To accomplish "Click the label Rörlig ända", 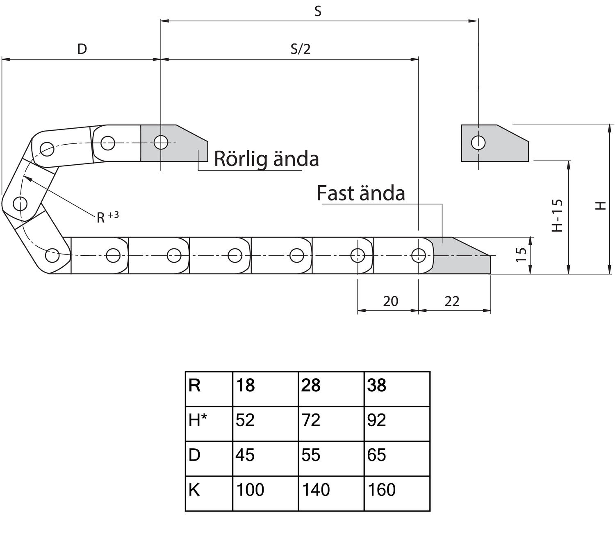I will point(266,159).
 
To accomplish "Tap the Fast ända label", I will point(361,193).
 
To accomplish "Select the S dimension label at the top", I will point(318,11).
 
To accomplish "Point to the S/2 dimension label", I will point(301,49).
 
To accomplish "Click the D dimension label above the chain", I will point(82,49).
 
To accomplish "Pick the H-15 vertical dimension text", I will point(557,216).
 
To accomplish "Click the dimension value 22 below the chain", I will point(452,302).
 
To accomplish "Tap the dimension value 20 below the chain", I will point(390,302).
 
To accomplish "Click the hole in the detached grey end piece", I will point(478,143).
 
